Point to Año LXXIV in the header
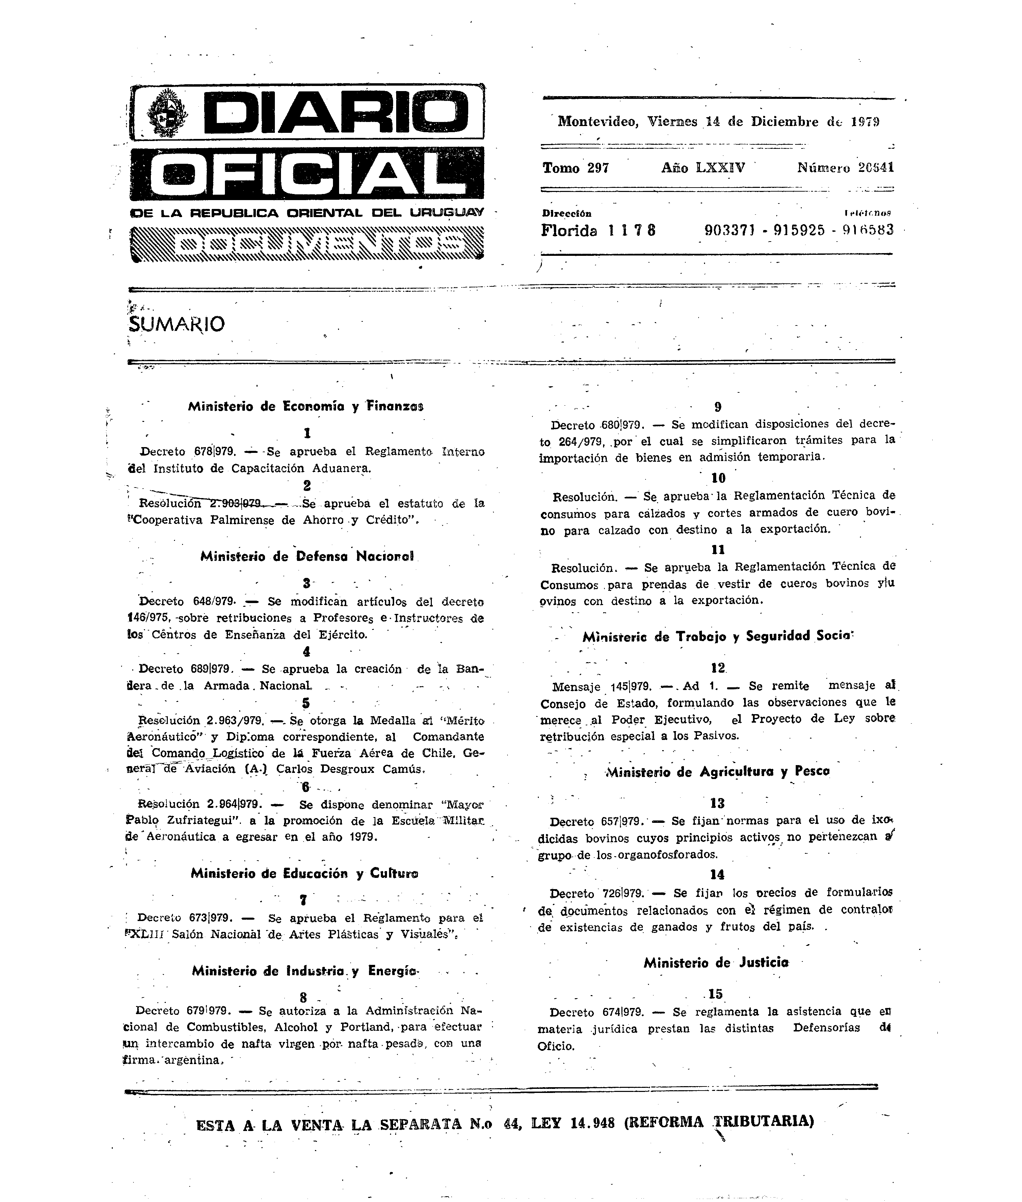click(703, 168)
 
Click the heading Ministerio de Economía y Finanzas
click(305, 407)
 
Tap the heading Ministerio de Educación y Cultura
click(304, 873)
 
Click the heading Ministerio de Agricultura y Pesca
click(717, 772)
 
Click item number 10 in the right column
click(718, 478)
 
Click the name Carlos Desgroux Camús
click(351, 769)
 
